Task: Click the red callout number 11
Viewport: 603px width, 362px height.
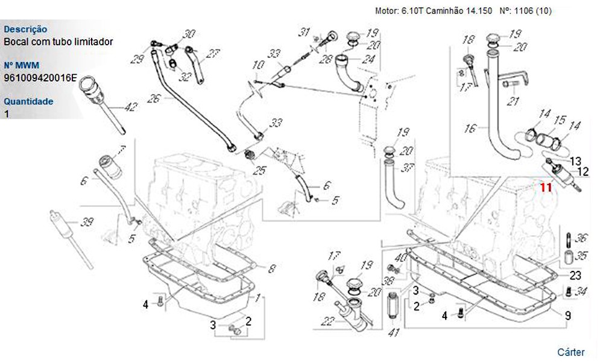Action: pos(546,188)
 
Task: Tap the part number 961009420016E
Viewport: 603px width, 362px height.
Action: pos(40,77)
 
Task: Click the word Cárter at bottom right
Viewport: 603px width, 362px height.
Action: pos(570,352)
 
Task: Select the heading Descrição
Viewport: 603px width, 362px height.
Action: pos(25,29)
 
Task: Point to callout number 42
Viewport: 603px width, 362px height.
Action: pos(130,107)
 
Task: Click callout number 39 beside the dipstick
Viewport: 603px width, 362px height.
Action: pos(87,223)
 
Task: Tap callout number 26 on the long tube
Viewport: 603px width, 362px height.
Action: pos(153,98)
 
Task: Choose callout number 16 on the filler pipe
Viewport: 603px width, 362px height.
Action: pos(471,128)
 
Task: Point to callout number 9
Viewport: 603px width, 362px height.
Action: pos(568,314)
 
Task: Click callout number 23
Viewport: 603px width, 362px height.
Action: pos(575,276)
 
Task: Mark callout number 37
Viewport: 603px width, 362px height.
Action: pos(408,167)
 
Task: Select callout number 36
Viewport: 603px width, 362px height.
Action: pos(581,238)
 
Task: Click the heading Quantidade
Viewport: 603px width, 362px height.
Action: pos(28,101)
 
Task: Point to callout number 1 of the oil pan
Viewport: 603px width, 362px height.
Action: pos(257,298)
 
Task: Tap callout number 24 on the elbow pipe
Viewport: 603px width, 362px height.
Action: pos(367,59)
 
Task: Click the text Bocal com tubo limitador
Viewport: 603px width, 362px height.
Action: pos(58,42)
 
